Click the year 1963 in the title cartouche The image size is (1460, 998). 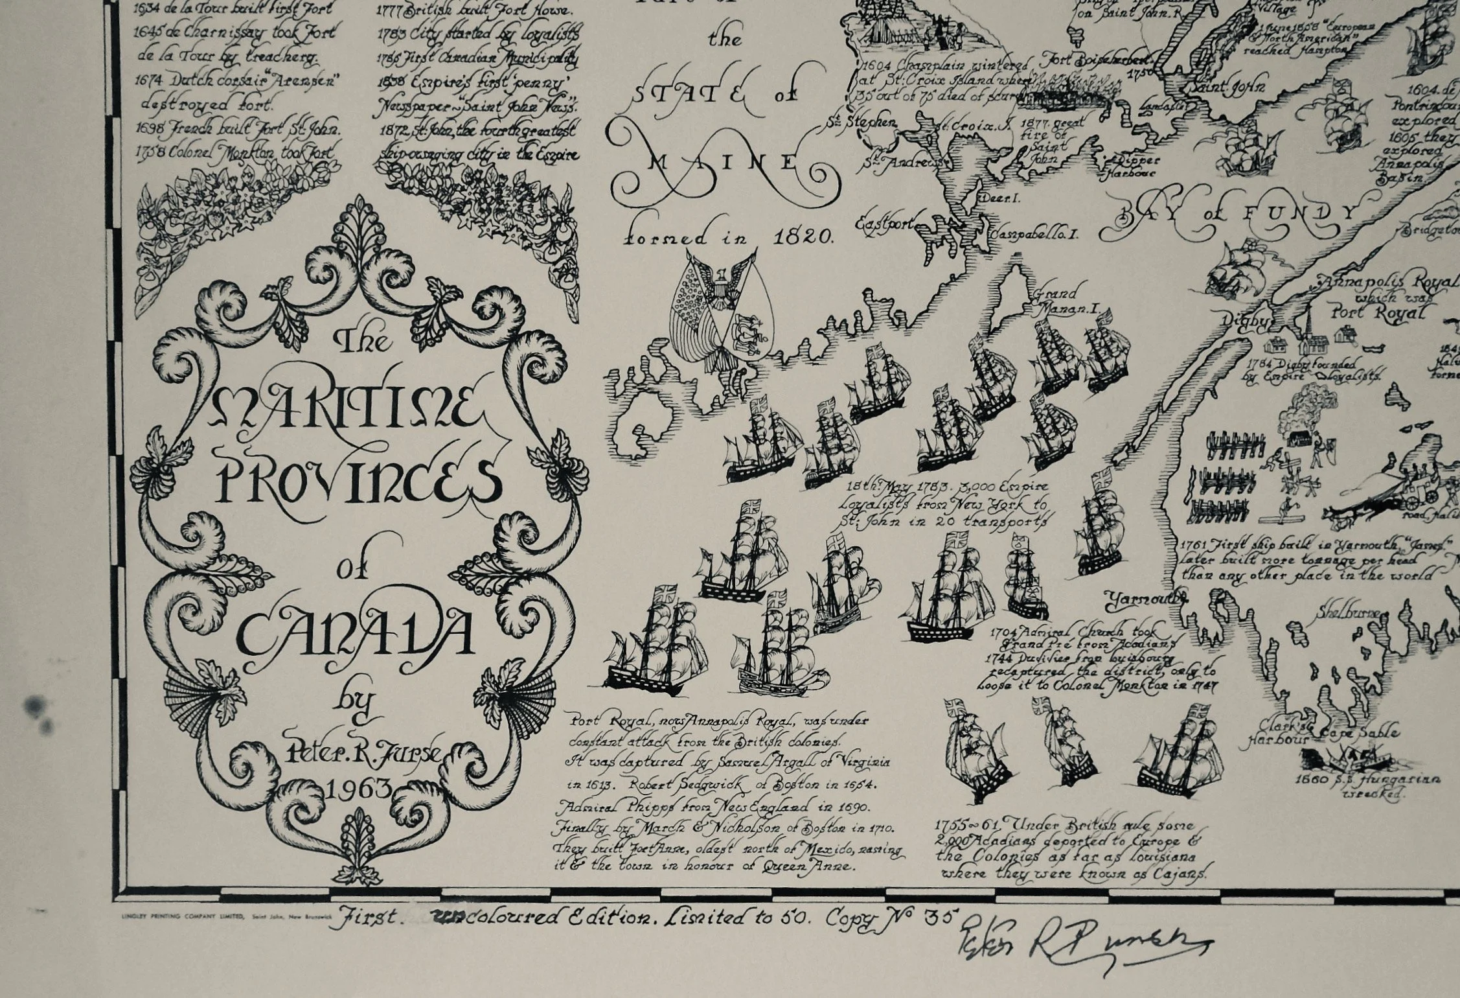(360, 789)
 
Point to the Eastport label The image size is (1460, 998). (885, 224)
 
